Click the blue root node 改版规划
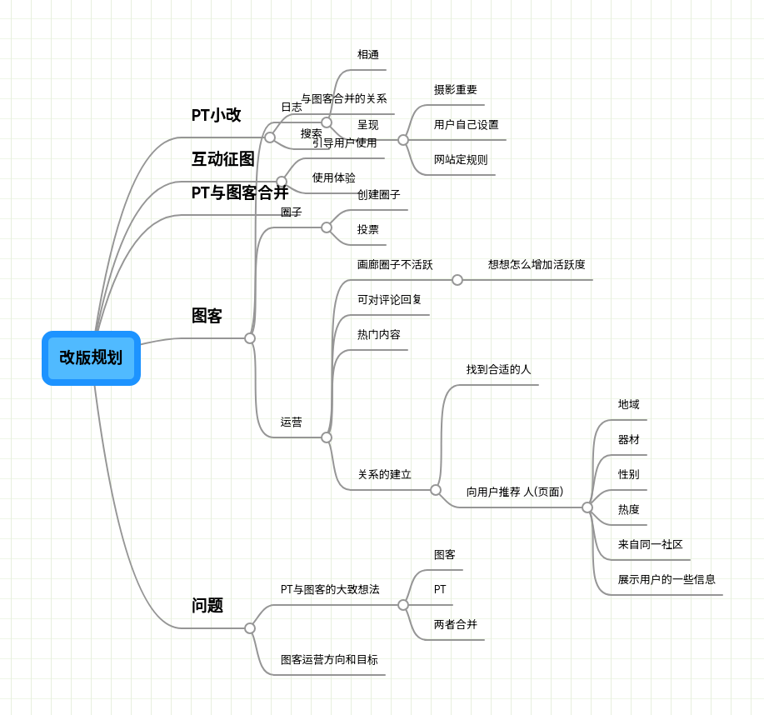(x=91, y=358)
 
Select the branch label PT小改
(x=216, y=115)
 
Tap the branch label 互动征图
(x=222, y=158)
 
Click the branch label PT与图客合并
(x=239, y=192)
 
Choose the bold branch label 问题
(x=207, y=606)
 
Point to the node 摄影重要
(x=455, y=90)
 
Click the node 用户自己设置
(x=466, y=125)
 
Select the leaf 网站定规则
(x=461, y=160)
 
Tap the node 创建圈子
(x=378, y=195)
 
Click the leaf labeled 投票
(x=367, y=230)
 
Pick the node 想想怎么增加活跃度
(x=537, y=265)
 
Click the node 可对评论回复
(x=389, y=300)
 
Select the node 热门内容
(x=378, y=335)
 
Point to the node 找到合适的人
(x=498, y=369)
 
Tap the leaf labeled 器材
(x=628, y=440)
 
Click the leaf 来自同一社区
(x=650, y=545)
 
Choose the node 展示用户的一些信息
(x=666, y=580)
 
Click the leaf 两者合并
(x=455, y=624)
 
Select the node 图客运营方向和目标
(x=328, y=660)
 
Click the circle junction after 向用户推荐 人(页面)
(x=587, y=507)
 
